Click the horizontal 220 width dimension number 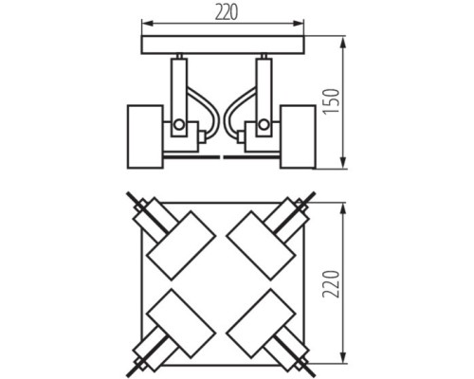225,11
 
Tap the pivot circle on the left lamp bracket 178,124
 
